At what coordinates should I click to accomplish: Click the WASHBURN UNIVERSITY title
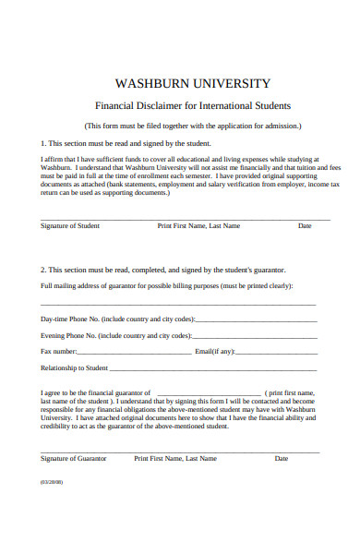pyautogui.click(x=192, y=83)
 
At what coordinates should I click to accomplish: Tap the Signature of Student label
pyautogui.click(x=70, y=226)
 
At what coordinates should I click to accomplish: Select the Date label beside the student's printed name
pyautogui.click(x=305, y=226)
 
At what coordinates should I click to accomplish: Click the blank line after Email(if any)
pyautogui.click(x=277, y=352)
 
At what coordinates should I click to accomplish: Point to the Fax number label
pyautogui.click(x=59, y=352)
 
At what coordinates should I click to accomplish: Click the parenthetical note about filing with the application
pyautogui.click(x=192, y=126)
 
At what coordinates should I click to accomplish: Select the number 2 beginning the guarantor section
pyautogui.click(x=42, y=269)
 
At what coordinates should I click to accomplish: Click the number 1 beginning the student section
pyautogui.click(x=42, y=144)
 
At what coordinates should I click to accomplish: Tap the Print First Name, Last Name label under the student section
pyautogui.click(x=198, y=226)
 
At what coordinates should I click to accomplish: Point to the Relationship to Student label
pyautogui.click(x=75, y=367)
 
